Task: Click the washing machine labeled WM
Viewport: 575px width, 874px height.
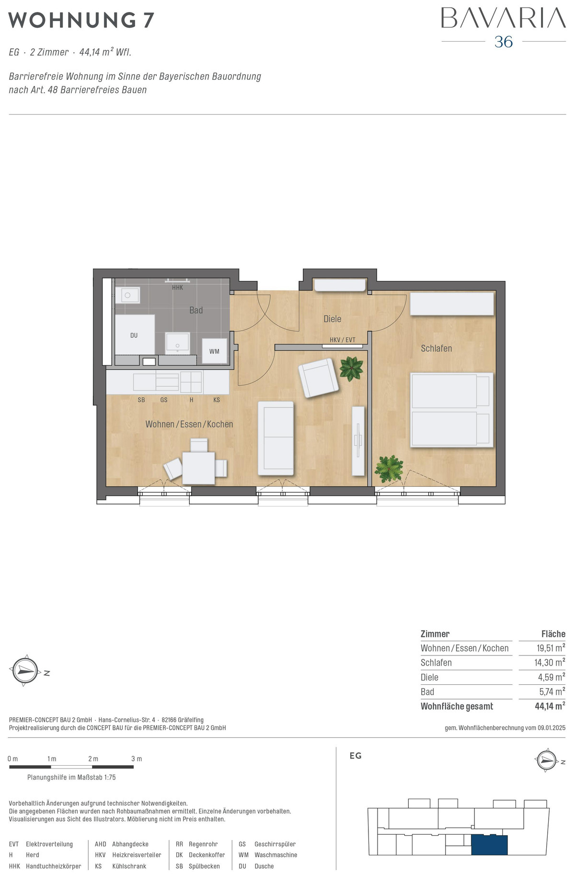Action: point(214,351)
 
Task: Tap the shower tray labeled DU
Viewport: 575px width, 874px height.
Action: point(135,335)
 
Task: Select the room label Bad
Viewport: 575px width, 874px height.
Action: point(196,310)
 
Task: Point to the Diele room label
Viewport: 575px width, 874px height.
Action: point(333,319)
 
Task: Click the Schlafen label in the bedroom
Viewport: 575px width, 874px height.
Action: point(437,348)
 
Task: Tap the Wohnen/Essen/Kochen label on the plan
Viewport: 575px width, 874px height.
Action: point(189,424)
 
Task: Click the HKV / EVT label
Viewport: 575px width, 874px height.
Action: point(343,340)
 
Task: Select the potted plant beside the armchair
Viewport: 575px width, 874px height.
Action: point(351,368)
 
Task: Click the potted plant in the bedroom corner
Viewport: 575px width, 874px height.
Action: point(389,468)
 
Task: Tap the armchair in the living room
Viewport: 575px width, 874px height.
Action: point(318,378)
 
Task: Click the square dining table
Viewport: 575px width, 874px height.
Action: point(199,468)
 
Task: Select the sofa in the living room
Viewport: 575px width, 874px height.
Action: point(276,438)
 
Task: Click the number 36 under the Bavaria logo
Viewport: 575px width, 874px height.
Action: point(504,42)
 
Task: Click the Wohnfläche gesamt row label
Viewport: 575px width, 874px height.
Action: point(457,706)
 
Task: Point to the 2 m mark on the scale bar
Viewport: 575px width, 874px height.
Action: point(93,759)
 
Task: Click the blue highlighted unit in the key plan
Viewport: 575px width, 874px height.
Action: point(489,845)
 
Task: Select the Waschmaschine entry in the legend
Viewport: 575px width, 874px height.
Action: point(276,855)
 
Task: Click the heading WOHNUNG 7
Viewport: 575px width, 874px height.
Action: point(81,21)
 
